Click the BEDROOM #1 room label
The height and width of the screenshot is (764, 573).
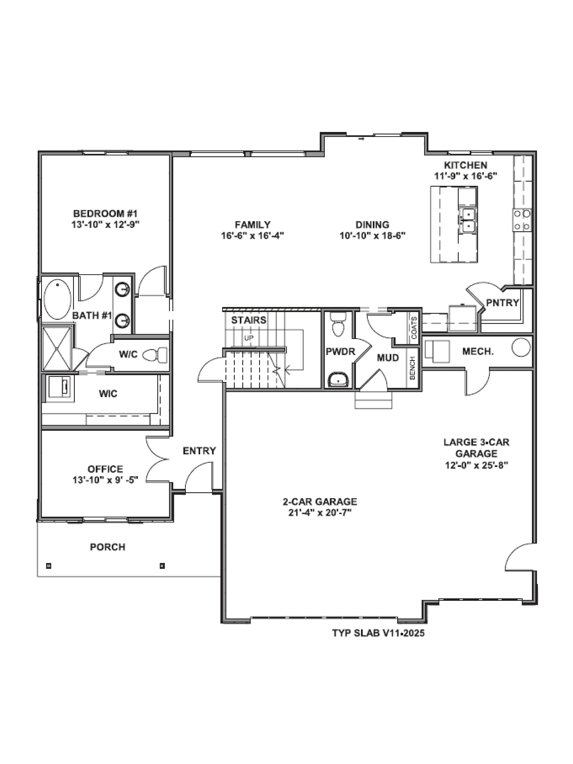click(105, 213)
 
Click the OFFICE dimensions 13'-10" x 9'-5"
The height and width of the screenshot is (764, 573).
click(105, 480)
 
